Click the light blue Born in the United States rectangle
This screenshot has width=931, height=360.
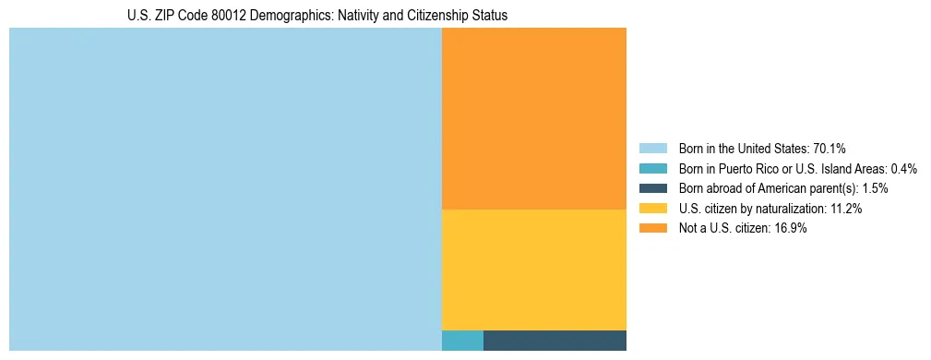[x=225, y=189]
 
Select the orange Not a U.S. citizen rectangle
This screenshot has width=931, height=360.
[x=533, y=118]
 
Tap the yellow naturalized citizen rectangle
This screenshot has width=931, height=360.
[x=533, y=270]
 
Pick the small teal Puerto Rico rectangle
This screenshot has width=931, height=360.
[x=462, y=341]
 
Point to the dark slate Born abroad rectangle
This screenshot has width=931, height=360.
[x=555, y=341]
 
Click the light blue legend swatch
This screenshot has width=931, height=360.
[x=652, y=149]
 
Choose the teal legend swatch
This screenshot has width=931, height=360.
[x=652, y=169]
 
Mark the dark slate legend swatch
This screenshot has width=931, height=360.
[x=652, y=188]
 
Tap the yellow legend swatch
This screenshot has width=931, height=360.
[x=652, y=209]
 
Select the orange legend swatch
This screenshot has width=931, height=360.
[x=652, y=229]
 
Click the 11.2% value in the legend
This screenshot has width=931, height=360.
[x=845, y=209]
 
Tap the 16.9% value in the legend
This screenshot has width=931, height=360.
[x=791, y=229]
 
